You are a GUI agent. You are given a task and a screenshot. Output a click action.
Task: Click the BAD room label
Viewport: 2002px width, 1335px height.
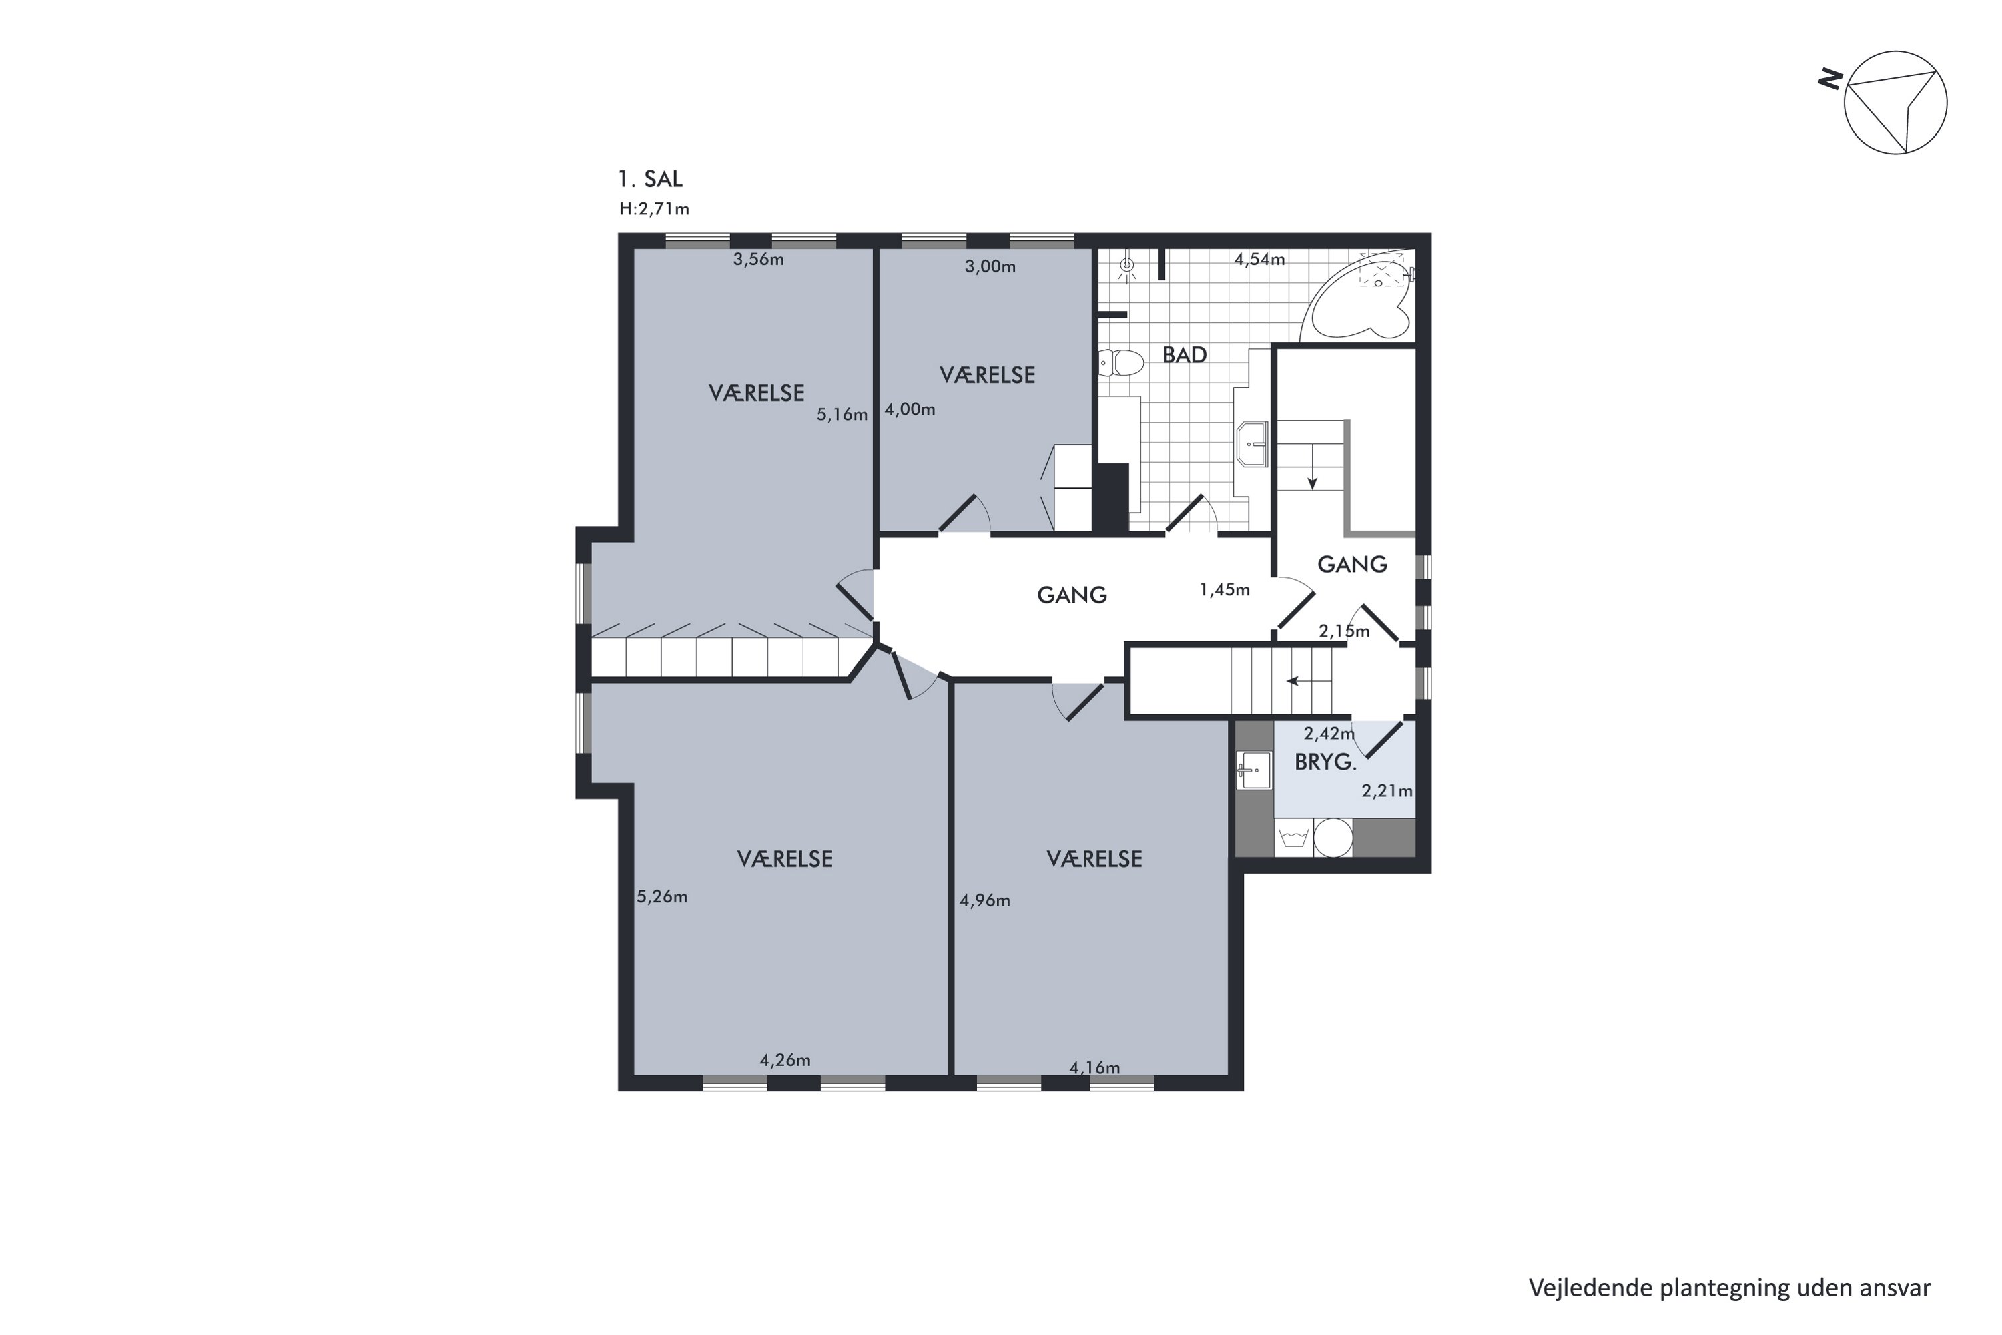pyautogui.click(x=1184, y=355)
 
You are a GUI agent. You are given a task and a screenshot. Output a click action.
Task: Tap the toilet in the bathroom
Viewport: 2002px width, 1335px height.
pyautogui.click(x=1121, y=364)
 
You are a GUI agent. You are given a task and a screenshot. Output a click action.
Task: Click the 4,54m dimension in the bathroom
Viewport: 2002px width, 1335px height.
pyautogui.click(x=1259, y=260)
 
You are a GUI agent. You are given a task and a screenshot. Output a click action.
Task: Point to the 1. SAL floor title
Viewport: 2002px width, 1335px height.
pyautogui.click(x=649, y=179)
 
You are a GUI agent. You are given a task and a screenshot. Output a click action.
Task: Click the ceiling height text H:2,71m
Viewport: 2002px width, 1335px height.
pyautogui.click(x=654, y=208)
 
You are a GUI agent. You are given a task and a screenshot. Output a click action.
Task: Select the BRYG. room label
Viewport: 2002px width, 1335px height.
pyautogui.click(x=1325, y=762)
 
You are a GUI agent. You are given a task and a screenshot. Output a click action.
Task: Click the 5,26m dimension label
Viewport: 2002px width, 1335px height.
pyautogui.click(x=661, y=896)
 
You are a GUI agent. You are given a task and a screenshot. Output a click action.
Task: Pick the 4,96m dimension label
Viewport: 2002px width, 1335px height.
pyautogui.click(x=985, y=900)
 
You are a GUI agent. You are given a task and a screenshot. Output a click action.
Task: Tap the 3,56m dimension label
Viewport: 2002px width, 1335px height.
pyautogui.click(x=757, y=260)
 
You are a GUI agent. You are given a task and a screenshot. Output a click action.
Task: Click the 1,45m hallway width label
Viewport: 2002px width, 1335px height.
pyautogui.click(x=1224, y=590)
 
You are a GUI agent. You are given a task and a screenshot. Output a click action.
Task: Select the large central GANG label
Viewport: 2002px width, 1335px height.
pyautogui.click(x=1072, y=595)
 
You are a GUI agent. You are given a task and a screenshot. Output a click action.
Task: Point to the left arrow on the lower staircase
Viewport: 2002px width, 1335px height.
pyautogui.click(x=1293, y=680)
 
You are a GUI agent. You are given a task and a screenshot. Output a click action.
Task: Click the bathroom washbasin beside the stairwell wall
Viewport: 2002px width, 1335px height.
pyautogui.click(x=1254, y=444)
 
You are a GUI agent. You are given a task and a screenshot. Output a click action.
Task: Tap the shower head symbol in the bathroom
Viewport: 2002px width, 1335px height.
pyautogui.click(x=1127, y=266)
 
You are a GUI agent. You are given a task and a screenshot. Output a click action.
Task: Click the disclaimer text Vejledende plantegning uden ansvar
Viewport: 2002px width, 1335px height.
pyautogui.click(x=1730, y=1288)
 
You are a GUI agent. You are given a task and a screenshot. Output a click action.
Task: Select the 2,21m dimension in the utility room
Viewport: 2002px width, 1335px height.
pyautogui.click(x=1387, y=791)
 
